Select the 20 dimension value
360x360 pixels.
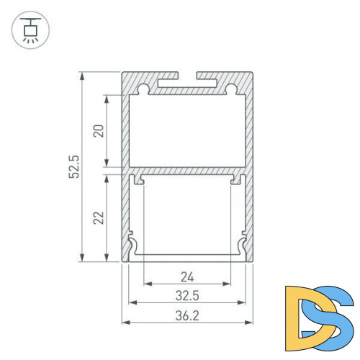[99, 130]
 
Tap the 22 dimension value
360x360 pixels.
[99, 216]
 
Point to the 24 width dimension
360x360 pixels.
[187, 276]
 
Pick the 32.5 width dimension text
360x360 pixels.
[188, 294]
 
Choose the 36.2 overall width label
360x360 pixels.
[188, 314]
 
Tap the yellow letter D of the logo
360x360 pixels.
[301, 312]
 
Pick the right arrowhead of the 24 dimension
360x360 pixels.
[228, 284]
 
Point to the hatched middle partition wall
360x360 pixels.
[188, 172]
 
